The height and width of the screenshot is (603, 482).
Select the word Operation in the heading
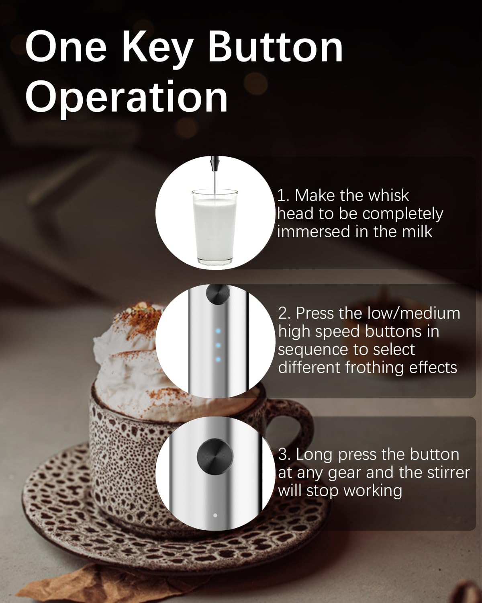(127, 96)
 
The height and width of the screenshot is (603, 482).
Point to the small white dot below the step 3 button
(215, 515)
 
